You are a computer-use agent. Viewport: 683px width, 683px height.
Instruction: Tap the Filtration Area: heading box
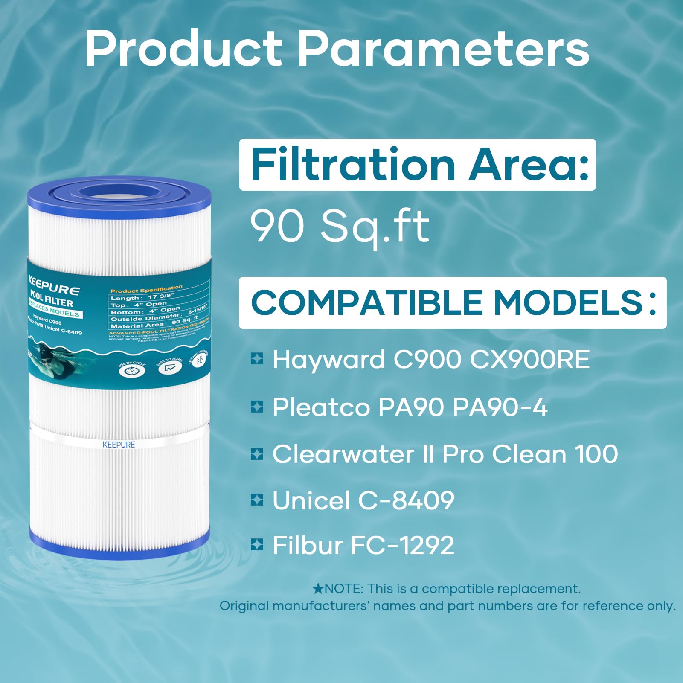(417, 165)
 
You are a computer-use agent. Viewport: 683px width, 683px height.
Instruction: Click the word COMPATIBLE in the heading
(366, 303)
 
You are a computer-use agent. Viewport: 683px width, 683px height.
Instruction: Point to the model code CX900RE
(529, 359)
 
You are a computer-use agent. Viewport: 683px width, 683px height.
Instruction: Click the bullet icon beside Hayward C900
(257, 359)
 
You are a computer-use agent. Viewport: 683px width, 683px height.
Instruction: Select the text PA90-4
(500, 407)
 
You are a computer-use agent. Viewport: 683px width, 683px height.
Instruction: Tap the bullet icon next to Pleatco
(257, 407)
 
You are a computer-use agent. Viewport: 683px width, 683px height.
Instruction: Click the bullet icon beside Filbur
(257, 545)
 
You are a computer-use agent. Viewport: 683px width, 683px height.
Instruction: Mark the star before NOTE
(318, 589)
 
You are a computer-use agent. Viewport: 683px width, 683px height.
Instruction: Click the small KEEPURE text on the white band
(119, 445)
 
